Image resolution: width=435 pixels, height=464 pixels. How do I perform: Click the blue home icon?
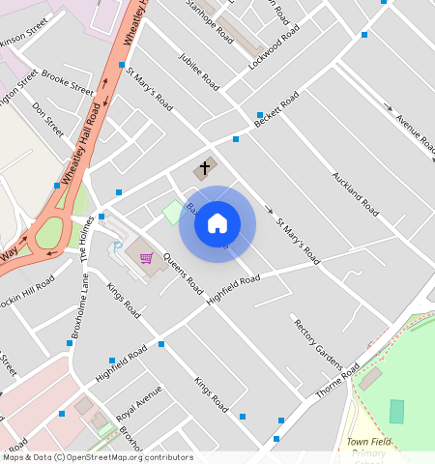[x=217, y=224]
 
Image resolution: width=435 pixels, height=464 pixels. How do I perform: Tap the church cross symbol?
[x=204, y=168]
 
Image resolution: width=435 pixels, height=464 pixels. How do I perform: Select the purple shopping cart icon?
[x=146, y=258]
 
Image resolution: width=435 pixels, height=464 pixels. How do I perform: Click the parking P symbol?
[x=118, y=247]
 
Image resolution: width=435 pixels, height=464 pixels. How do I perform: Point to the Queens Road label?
[x=183, y=274]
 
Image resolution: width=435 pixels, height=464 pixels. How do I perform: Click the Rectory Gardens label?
[x=318, y=343]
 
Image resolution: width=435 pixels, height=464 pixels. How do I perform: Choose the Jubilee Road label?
[x=199, y=72]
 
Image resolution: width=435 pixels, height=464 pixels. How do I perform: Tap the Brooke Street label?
[x=68, y=83]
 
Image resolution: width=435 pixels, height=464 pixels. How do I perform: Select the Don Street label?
[x=48, y=119]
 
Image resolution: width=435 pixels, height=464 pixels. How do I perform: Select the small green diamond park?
[x=172, y=212]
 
